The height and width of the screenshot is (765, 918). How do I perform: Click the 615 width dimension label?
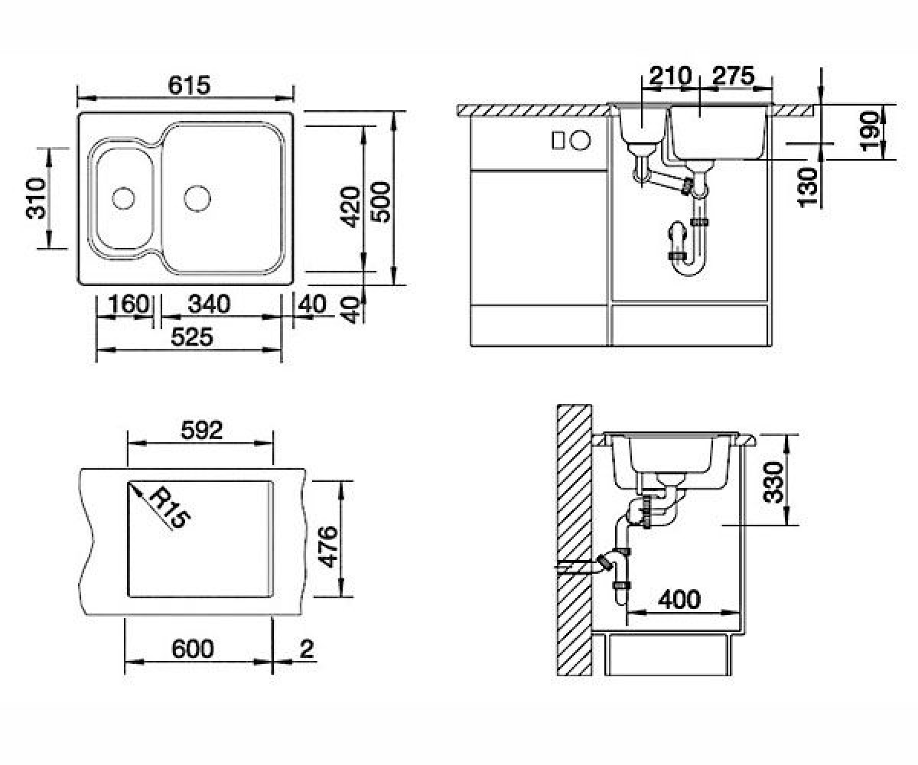[189, 85]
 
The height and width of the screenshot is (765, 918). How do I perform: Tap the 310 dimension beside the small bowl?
[36, 198]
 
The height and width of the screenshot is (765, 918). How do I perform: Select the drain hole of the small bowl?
[123, 198]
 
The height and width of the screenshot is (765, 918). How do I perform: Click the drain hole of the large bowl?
[197, 198]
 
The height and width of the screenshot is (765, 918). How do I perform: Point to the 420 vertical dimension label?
[350, 207]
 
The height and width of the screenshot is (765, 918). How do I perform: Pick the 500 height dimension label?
[380, 202]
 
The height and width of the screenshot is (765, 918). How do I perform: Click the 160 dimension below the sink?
[129, 304]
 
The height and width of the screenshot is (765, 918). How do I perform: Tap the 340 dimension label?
[209, 304]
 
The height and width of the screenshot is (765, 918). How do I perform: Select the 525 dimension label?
[192, 337]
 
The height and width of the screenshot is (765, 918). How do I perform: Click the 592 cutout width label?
[202, 430]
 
